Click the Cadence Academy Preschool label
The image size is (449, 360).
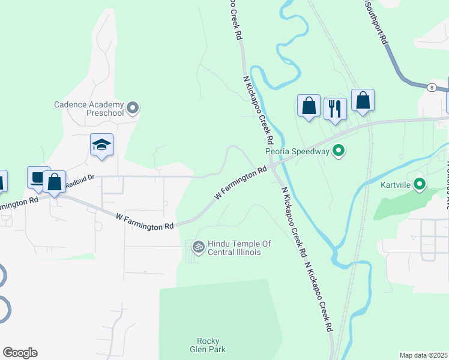click(x=89, y=108)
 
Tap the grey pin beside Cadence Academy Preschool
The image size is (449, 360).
click(x=133, y=109)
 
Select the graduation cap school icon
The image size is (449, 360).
click(x=102, y=145)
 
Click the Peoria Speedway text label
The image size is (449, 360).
click(x=298, y=151)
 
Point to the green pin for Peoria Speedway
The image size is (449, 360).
click(x=339, y=151)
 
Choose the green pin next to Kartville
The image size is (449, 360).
click(x=420, y=184)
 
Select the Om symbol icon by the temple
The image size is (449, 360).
click(x=197, y=246)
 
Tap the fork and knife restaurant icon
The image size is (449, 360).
click(x=335, y=109)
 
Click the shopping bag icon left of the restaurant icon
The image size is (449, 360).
click(x=309, y=106)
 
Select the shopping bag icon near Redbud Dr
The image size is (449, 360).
click(x=54, y=181)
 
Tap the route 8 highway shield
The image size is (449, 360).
click(x=432, y=88)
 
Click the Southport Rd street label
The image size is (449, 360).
click(x=376, y=25)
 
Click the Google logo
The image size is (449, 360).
click(x=20, y=353)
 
